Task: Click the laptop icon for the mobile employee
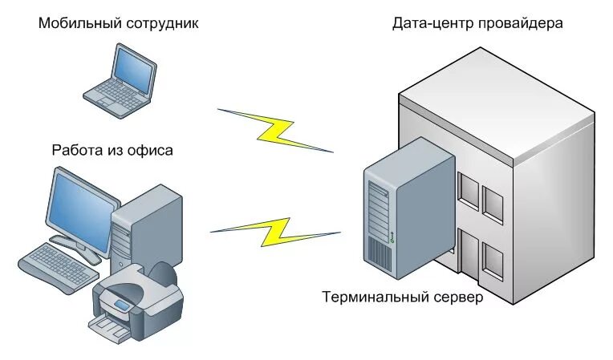pyautogui.click(x=121, y=81)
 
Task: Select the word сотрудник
pyautogui.click(x=162, y=23)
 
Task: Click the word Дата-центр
pyautogui.click(x=432, y=22)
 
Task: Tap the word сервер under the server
pyautogui.click(x=454, y=297)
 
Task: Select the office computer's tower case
pyautogui.click(x=148, y=224)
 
